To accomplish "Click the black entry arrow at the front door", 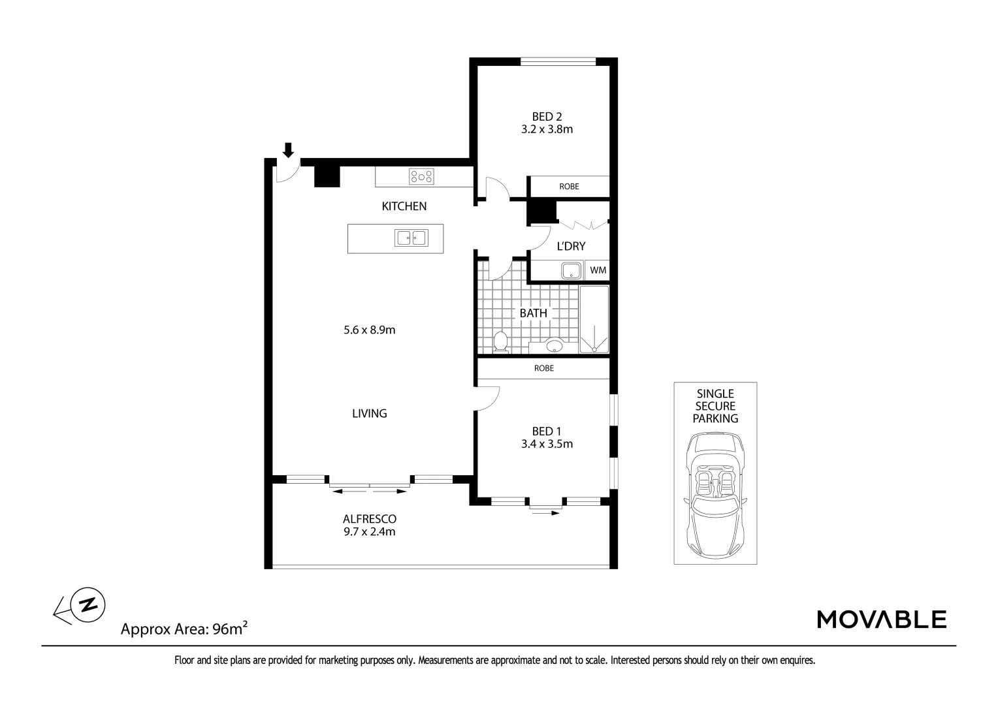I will [288, 150].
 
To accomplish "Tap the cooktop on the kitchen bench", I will [421, 176].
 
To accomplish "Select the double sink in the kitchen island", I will [411, 238].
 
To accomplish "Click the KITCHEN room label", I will [404, 206].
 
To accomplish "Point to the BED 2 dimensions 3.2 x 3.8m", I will [547, 129].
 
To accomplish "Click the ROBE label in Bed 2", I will [569, 187].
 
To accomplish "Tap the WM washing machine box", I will [598, 270].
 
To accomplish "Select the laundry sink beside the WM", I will [570, 270].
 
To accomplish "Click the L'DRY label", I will [570, 246].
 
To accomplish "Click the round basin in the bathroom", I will [554, 345].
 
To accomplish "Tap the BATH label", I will [533, 313].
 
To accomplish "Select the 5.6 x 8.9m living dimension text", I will [370, 330].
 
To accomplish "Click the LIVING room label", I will [370, 413].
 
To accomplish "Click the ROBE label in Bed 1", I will [543, 368].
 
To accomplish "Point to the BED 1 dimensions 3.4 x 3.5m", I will [547, 445].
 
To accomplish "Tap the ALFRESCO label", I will [370, 519].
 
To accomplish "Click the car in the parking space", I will [716, 494].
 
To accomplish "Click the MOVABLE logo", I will [881, 619].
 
